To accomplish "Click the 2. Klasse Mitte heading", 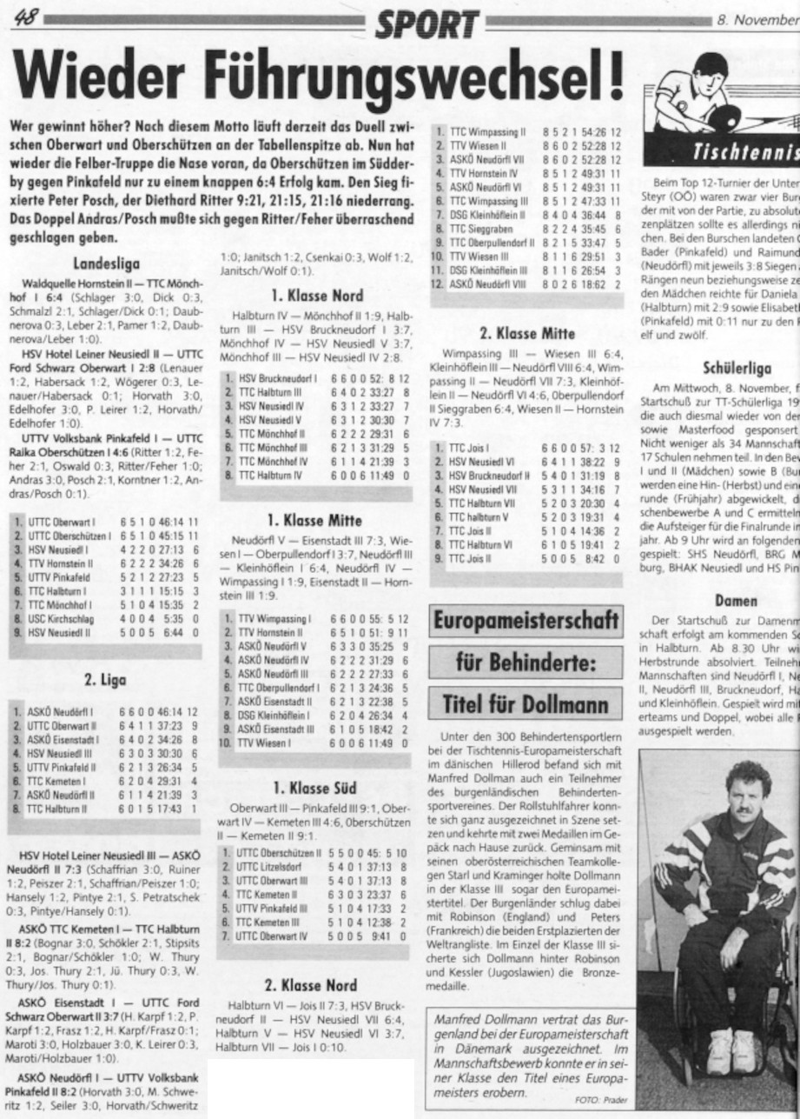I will click(527, 332).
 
